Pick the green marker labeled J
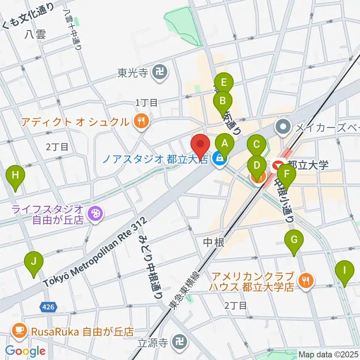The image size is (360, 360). coord(34,262)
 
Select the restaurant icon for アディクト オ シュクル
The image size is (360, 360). coord(141,121)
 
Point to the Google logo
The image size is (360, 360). coord(25,351)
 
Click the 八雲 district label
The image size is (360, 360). coord(36,34)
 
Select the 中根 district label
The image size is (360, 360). coord(214,243)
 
